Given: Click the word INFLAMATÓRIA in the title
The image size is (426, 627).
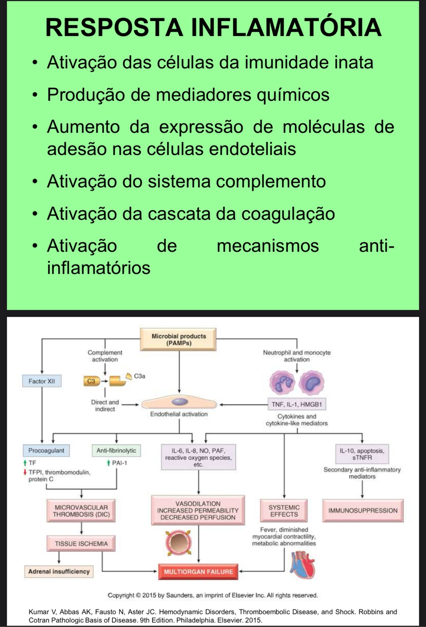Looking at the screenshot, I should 286,27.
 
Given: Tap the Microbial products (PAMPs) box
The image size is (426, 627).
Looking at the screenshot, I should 179,340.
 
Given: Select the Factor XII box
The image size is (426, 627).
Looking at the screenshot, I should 42,381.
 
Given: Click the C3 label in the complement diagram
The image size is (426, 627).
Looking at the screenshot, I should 91,381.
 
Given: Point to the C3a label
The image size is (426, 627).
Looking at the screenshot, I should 140,376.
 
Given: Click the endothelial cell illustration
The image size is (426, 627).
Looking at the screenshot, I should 179,403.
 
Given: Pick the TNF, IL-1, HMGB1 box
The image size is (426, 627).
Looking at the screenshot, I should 297,404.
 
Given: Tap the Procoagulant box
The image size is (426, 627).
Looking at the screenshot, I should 46,450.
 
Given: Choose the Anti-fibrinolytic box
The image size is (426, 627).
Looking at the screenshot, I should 116,450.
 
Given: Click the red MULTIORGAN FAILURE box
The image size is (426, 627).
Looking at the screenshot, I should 198,571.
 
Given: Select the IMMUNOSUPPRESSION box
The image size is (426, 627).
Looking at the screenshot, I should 363,510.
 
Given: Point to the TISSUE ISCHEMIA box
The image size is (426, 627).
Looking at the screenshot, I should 81,543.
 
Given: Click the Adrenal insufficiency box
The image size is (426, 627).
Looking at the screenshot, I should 59,571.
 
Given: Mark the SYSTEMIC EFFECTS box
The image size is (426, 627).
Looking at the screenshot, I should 284,511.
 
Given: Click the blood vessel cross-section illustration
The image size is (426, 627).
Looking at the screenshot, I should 179,543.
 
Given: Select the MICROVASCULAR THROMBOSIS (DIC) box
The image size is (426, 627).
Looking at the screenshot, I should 81,511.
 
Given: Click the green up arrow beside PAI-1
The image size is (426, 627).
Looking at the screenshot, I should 109,463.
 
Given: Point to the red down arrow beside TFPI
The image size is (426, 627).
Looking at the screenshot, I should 25,472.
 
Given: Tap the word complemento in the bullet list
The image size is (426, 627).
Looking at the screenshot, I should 271,181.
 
